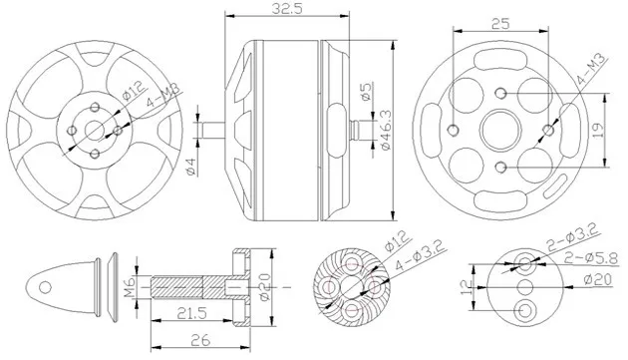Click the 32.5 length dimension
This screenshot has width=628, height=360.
(x=287, y=9)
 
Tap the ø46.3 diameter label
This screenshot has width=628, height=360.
(x=386, y=131)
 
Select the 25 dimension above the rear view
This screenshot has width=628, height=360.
(x=500, y=24)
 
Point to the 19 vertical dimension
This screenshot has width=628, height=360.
(x=597, y=131)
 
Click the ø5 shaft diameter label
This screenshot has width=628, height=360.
(x=366, y=92)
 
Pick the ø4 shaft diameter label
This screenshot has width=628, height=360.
(x=190, y=167)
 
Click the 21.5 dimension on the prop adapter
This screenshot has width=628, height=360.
(x=192, y=313)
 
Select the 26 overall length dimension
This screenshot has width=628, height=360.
(x=200, y=341)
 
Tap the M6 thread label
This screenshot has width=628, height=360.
(x=129, y=287)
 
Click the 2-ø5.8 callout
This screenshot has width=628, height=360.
(x=591, y=258)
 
